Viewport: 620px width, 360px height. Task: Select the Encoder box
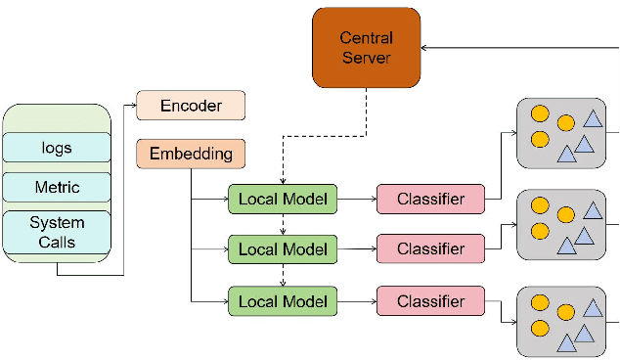[191, 105]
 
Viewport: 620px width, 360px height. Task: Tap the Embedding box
[191, 154]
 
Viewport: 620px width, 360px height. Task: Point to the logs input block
[57, 148]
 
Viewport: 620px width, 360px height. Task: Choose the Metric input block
[57, 187]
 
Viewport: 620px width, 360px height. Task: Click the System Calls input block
[57, 231]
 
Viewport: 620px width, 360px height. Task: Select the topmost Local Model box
[284, 200]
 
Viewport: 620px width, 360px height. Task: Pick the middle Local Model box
[284, 248]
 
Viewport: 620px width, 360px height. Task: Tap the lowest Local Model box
[284, 300]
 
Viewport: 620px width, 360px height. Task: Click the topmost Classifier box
[430, 200]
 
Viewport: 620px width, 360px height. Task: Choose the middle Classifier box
[430, 248]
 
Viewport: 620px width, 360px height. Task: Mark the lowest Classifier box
[430, 300]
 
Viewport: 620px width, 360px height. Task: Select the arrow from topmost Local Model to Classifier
[357, 200]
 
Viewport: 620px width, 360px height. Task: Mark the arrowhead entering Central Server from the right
[426, 48]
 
